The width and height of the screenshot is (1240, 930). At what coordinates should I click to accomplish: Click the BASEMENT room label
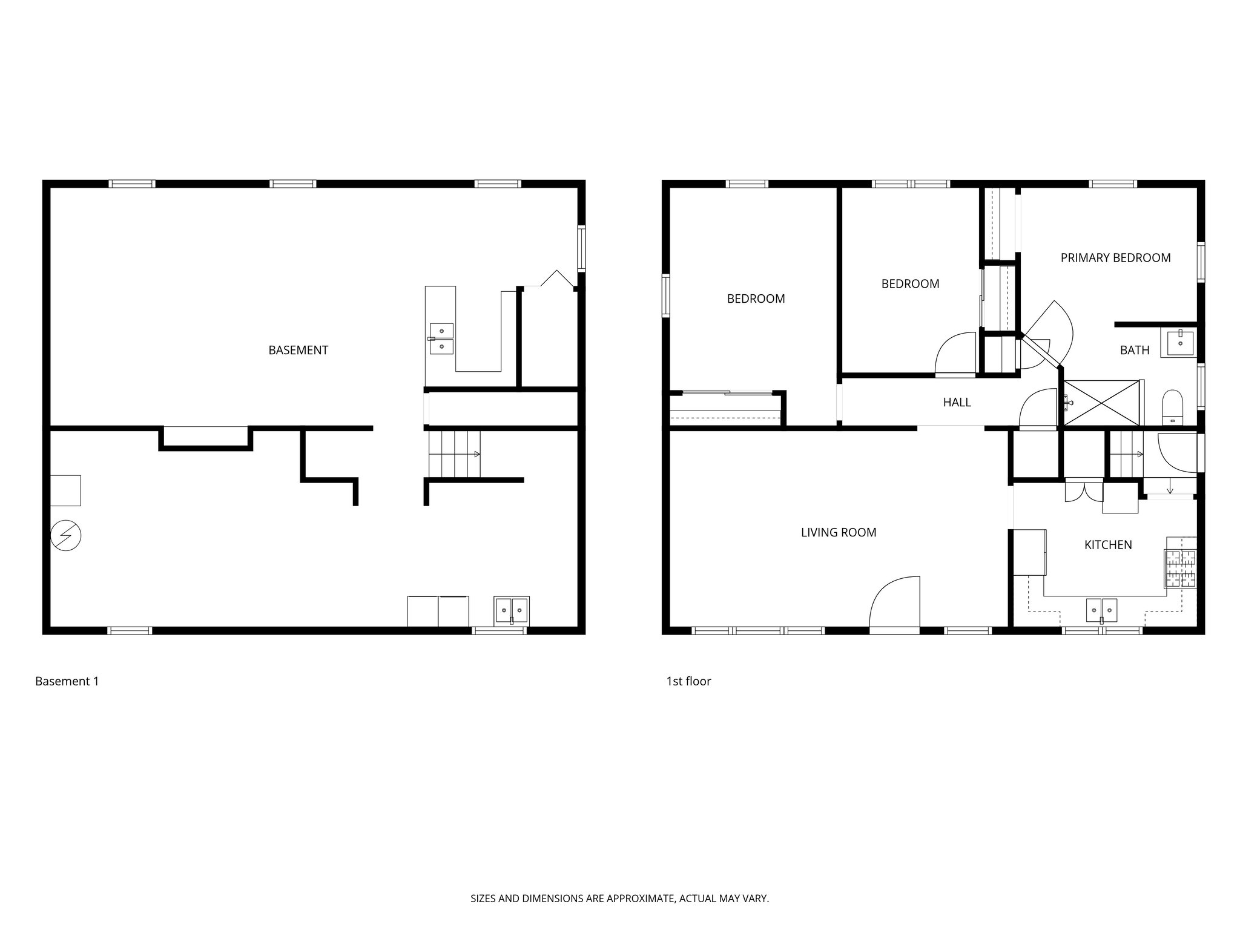[x=298, y=350]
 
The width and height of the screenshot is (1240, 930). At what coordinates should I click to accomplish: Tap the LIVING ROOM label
[x=838, y=532]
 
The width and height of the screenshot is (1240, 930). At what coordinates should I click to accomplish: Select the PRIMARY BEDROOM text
[x=1115, y=258]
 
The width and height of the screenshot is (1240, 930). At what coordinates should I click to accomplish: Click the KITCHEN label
[x=1108, y=545]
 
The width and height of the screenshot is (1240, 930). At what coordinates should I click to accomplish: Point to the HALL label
[x=957, y=403]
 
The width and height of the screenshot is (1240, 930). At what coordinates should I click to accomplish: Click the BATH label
[x=1134, y=350]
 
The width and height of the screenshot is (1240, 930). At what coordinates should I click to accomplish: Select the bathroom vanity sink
[x=1178, y=343]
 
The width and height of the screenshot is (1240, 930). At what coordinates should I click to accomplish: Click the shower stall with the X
[x=1101, y=403]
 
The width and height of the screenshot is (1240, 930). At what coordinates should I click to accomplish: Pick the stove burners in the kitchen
[x=1180, y=569]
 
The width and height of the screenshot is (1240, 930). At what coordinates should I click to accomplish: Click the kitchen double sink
[x=1101, y=610]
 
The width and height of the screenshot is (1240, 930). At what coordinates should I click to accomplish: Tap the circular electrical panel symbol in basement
[x=65, y=535]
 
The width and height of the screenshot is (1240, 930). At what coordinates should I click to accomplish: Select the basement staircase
[x=454, y=453]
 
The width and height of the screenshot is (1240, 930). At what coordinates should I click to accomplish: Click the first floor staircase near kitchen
[x=1126, y=453]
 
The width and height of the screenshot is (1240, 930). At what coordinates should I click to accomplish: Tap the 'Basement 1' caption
[x=67, y=681]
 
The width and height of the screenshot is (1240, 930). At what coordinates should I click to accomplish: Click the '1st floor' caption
[x=688, y=681]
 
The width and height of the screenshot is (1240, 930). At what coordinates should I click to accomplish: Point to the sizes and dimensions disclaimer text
[x=619, y=899]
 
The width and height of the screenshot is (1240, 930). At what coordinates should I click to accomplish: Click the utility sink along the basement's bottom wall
[x=512, y=610]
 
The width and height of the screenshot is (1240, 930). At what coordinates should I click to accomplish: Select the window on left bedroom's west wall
[x=666, y=295]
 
